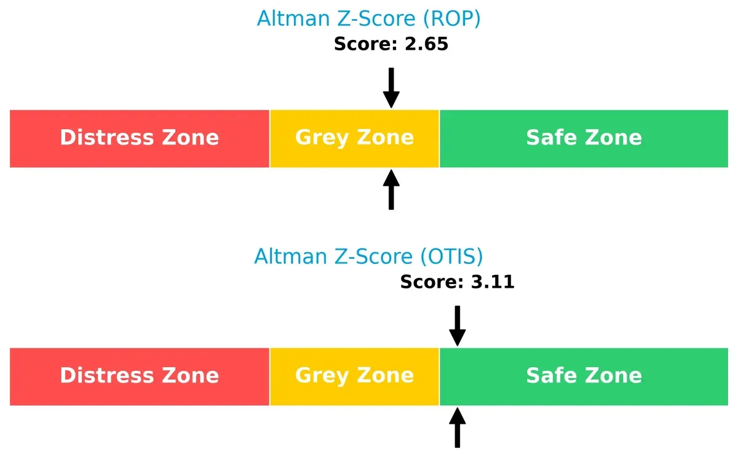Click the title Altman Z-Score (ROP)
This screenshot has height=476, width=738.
[368, 19]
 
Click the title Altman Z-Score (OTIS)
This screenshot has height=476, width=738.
[368, 256]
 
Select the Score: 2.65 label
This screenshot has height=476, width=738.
[391, 44]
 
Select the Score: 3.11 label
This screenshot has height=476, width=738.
[457, 282]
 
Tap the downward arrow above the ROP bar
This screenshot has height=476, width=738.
[391, 88]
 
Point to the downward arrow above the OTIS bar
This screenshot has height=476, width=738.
[458, 326]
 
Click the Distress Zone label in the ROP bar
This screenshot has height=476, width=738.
[140, 137]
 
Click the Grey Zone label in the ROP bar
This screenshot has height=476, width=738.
[354, 137]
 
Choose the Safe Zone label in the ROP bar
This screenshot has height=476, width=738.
[584, 137]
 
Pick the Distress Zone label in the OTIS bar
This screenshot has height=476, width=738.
[140, 375]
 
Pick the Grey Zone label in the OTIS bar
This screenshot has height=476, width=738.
[354, 375]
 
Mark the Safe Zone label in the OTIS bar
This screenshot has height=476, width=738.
[584, 375]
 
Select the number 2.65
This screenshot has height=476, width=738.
[426, 44]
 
